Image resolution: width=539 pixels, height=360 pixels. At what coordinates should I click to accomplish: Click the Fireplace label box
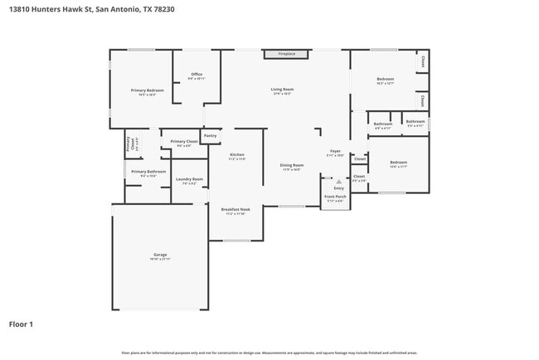286,54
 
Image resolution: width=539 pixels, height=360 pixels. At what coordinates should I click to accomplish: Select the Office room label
197,76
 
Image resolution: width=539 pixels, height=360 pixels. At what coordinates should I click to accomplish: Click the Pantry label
211,135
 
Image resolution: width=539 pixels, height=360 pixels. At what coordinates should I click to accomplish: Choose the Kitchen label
237,156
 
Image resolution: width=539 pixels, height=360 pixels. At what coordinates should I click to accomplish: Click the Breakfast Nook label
235,211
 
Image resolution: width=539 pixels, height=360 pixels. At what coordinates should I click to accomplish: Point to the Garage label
159,256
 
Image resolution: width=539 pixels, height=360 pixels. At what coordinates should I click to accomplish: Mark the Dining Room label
291,167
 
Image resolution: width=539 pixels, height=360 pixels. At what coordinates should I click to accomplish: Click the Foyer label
336,153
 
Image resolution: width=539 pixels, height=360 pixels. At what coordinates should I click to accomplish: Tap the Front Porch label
335,198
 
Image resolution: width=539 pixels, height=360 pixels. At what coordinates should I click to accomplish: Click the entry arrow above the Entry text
338,181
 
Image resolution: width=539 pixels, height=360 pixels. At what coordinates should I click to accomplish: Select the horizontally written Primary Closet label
184,143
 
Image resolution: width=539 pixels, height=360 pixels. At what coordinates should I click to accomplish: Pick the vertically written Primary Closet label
129,144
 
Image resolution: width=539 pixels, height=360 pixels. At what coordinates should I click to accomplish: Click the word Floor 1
21,324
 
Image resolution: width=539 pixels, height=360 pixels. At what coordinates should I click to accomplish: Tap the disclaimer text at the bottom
269,353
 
